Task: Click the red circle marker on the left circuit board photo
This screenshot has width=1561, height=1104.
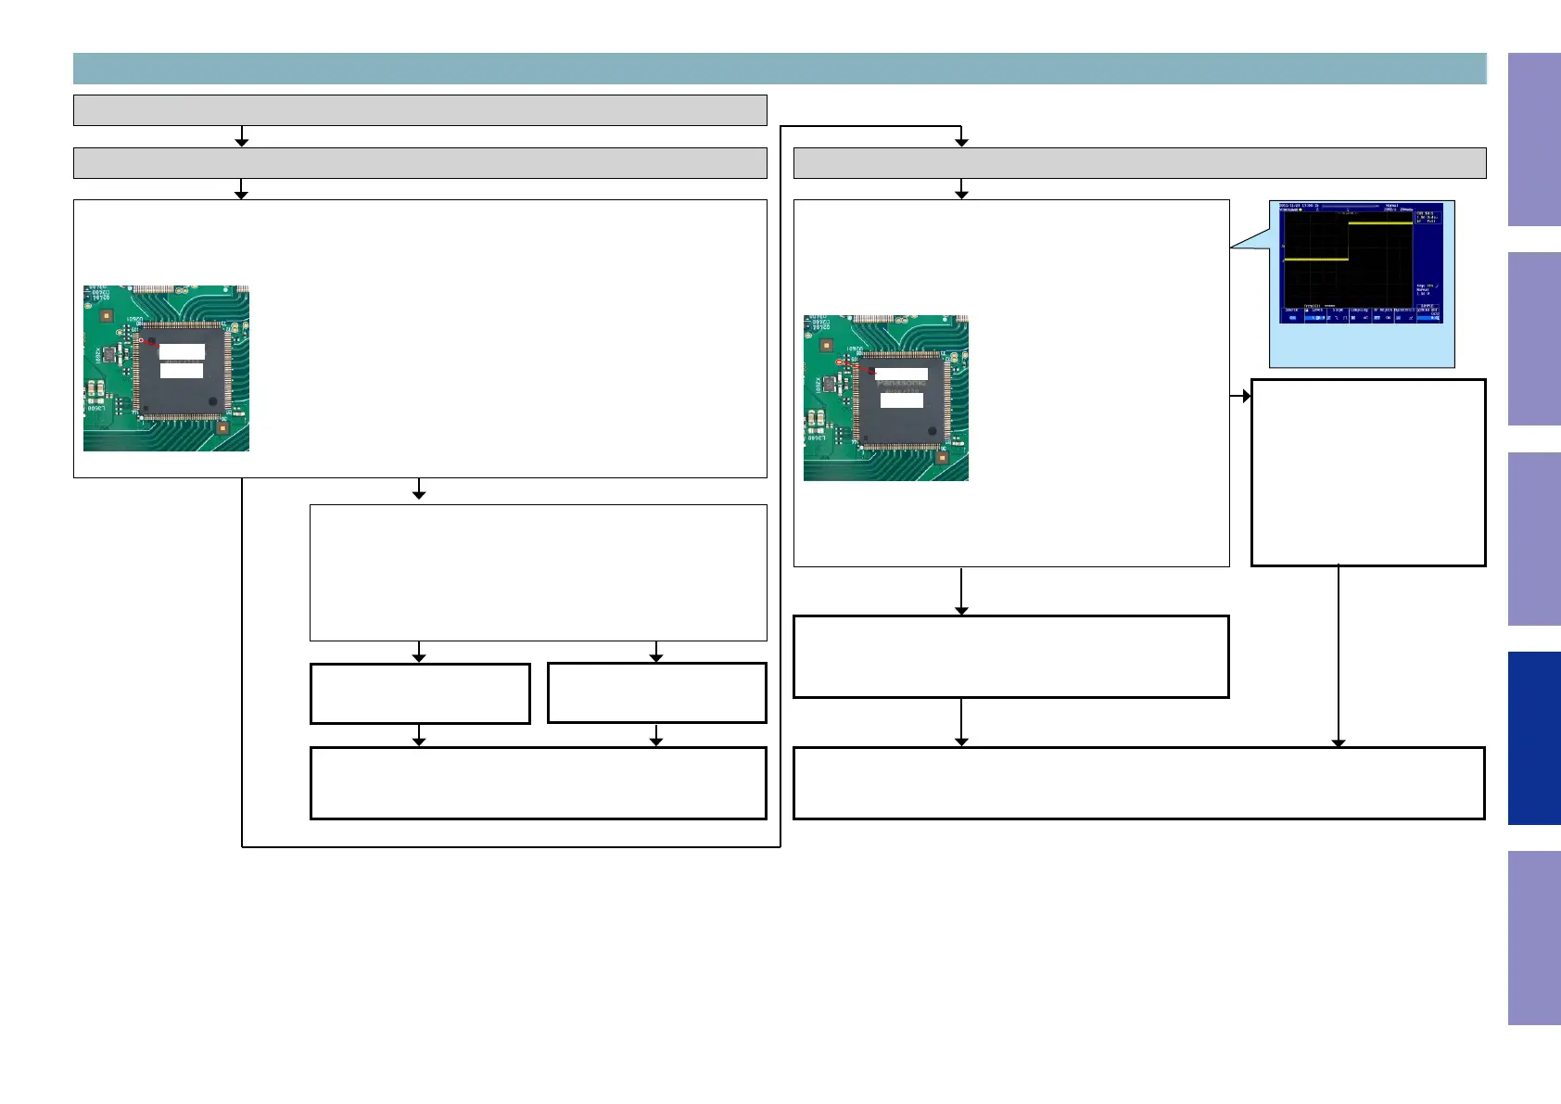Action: coord(141,340)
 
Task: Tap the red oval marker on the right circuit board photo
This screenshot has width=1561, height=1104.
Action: coord(840,362)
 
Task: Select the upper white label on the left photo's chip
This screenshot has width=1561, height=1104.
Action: coord(182,352)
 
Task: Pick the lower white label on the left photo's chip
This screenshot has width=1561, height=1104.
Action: coord(182,371)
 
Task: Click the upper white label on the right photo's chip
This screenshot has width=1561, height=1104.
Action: coord(901,374)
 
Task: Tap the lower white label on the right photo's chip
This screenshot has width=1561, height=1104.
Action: coord(901,400)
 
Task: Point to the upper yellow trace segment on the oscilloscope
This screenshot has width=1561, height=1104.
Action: coord(1380,222)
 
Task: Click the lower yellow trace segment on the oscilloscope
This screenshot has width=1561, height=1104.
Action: coord(1315,260)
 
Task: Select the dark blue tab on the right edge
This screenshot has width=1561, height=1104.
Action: coord(1534,738)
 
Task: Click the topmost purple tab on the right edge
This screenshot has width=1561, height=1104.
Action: coord(1534,139)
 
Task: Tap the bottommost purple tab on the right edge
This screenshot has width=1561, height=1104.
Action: coord(1534,937)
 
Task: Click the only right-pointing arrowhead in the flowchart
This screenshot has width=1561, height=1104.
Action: coord(1246,396)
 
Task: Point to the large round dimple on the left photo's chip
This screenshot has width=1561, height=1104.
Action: coord(213,402)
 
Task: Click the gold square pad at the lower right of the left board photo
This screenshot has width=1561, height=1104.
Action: coord(222,428)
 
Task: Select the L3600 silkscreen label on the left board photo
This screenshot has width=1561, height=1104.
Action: coord(95,409)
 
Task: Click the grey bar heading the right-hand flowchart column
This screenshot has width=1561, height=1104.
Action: coord(1139,163)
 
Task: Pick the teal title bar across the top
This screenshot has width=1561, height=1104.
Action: coord(780,69)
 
